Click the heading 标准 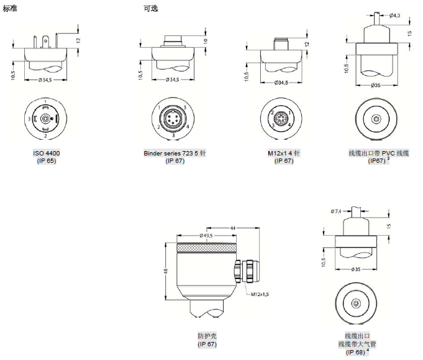[x=10, y=7]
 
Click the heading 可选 [x=150, y=7]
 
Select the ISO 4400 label [x=47, y=153]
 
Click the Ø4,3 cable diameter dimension [x=396, y=16]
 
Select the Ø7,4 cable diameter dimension [x=337, y=211]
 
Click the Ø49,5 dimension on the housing [x=206, y=236]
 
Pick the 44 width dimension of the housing [x=232, y=229]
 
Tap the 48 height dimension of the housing [x=166, y=271]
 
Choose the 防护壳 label [x=206, y=336]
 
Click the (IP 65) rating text [x=47, y=161]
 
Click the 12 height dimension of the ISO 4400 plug [x=80, y=39]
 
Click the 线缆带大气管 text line [x=357, y=344]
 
